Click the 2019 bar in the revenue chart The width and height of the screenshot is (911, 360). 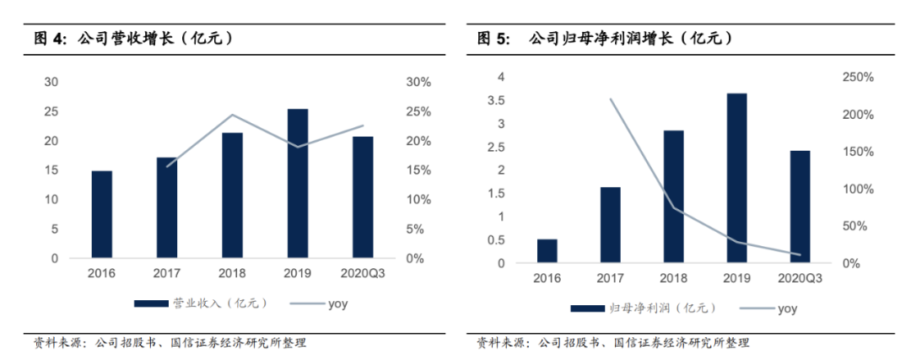[297, 183]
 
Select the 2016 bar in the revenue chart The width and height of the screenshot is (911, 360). [101, 214]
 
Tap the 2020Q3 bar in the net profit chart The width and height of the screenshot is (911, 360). [800, 207]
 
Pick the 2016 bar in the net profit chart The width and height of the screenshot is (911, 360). [547, 250]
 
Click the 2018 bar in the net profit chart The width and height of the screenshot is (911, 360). [673, 196]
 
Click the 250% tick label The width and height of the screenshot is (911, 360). [857, 78]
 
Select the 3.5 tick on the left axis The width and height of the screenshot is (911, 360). [496, 100]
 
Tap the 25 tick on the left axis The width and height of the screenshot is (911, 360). [51, 111]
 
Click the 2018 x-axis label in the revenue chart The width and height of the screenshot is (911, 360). [232, 273]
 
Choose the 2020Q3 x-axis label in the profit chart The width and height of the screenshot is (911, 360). [800, 278]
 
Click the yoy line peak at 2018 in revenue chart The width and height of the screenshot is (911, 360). [232, 115]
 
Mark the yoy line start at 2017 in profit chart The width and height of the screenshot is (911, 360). [610, 99]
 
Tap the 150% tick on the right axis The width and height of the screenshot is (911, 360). [857, 152]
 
